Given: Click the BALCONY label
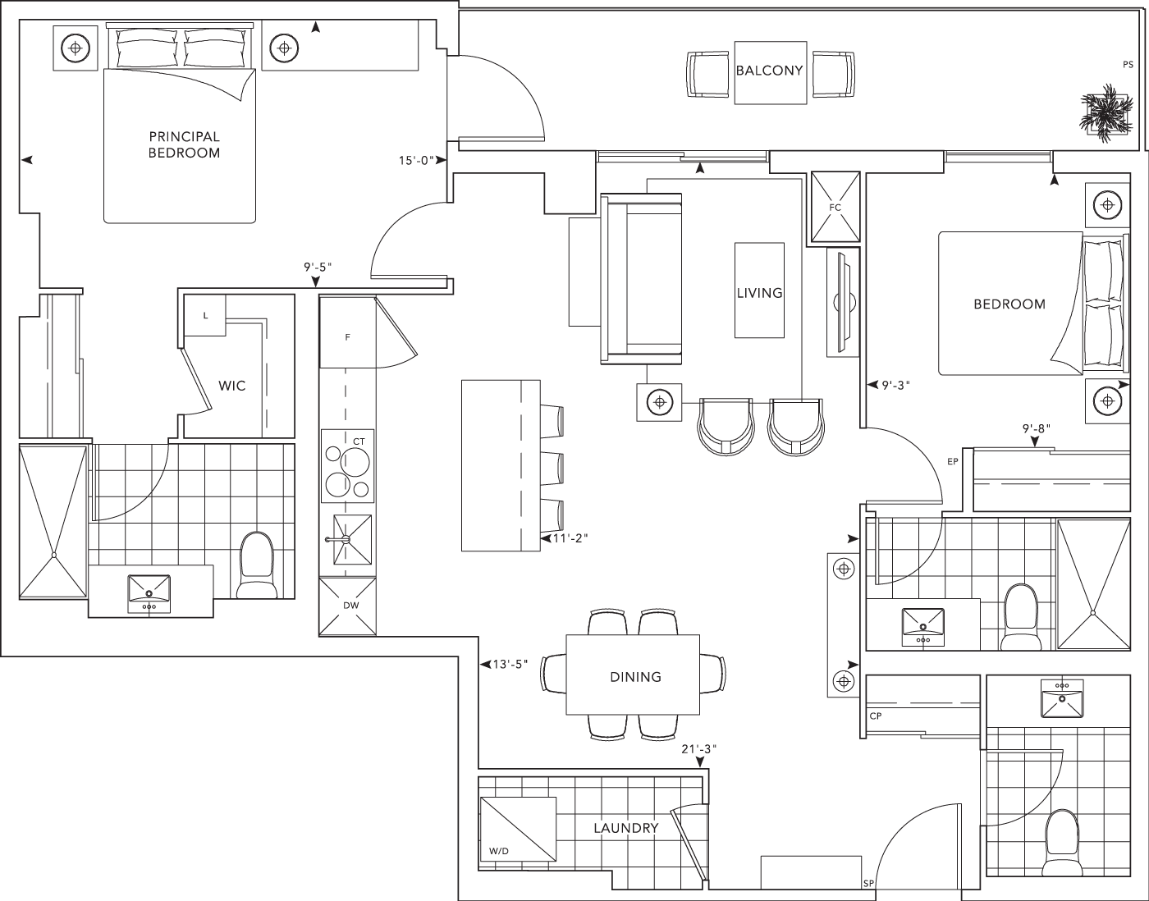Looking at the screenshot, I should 769,71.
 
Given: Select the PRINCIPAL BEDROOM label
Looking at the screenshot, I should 185,144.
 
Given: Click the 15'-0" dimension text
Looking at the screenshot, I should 415,161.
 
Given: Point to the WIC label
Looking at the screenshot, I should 231,386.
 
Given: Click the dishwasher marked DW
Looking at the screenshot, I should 348,606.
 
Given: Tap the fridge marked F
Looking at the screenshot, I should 348,333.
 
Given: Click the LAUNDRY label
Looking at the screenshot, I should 625,828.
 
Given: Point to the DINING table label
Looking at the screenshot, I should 635,677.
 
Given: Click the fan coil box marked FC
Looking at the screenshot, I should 835,208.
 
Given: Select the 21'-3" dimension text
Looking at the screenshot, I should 698,749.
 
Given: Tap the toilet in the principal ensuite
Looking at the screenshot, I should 257,565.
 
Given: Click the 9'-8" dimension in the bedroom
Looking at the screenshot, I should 1037,428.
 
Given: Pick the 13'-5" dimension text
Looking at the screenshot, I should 510,664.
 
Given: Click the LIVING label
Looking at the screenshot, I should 759,293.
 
